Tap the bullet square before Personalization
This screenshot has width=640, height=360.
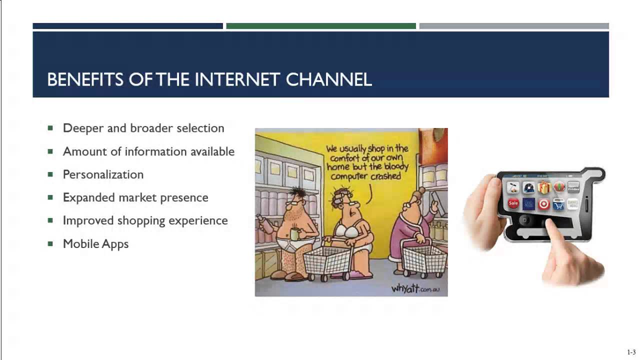click(x=50, y=174)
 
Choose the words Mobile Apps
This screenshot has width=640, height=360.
click(x=95, y=244)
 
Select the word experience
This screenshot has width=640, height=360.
click(x=203, y=220)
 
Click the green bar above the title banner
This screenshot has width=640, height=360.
click(x=320, y=26)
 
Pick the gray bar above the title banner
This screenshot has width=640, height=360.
click(x=514, y=26)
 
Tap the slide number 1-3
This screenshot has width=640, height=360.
click(x=631, y=352)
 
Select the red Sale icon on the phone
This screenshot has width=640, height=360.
click(x=513, y=203)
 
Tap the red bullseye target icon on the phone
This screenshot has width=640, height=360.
click(x=544, y=204)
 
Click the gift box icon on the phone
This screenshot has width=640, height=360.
click(x=544, y=188)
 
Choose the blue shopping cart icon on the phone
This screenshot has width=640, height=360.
click(x=559, y=204)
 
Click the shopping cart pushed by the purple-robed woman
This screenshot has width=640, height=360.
click(x=424, y=259)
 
